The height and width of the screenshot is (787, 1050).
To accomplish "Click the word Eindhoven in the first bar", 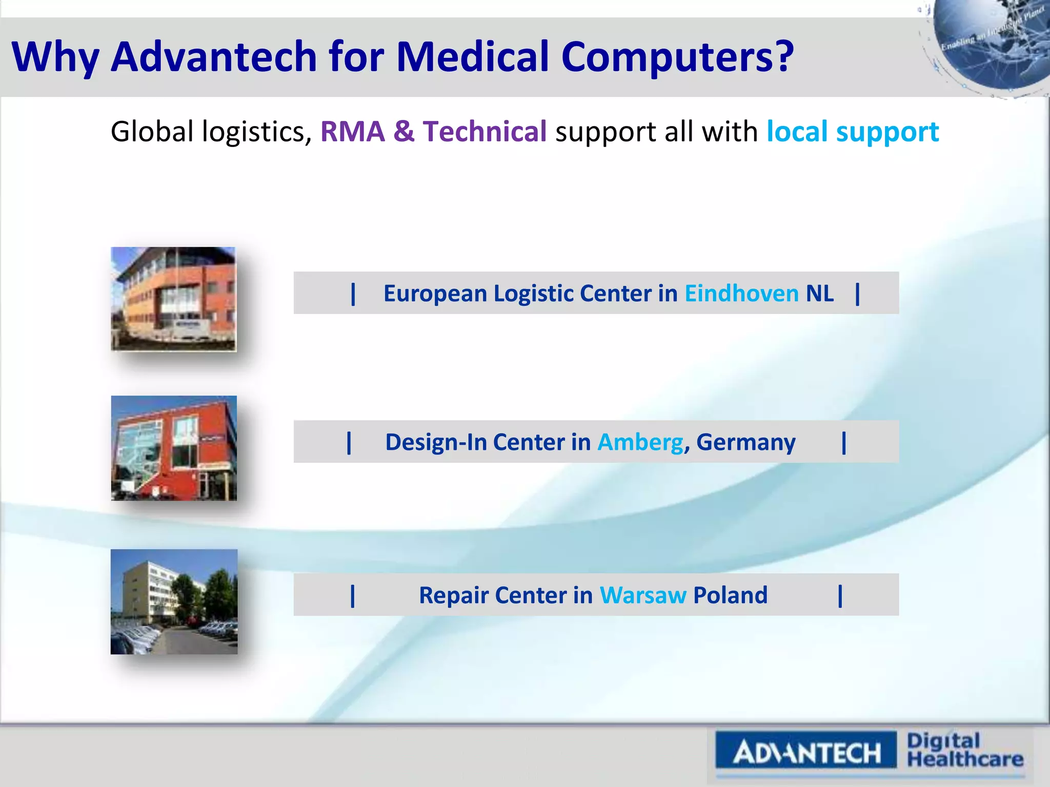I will (741, 294).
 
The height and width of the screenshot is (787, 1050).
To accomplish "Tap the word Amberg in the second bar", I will (640, 442).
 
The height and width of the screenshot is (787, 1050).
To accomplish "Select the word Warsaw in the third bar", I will (643, 595).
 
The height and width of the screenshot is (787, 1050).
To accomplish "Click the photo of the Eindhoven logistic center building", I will (174, 299).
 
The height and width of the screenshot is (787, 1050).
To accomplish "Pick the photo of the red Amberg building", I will (174, 448).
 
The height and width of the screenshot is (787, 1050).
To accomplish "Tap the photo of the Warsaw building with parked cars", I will (174, 602).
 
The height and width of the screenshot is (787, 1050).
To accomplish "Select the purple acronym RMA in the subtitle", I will (353, 132).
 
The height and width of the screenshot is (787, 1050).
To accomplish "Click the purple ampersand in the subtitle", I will (404, 132).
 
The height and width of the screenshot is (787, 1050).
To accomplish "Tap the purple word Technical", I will (484, 132).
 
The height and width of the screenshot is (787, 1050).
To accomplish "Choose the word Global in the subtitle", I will (152, 132).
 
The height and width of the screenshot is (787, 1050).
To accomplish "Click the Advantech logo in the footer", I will (806, 752).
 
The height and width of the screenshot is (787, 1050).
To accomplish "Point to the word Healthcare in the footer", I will (965, 759).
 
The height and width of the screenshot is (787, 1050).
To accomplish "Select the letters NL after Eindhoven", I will (820, 294).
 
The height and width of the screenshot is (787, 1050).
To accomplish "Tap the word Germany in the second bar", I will (745, 442).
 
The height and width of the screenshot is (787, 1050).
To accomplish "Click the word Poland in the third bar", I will (730, 595).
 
